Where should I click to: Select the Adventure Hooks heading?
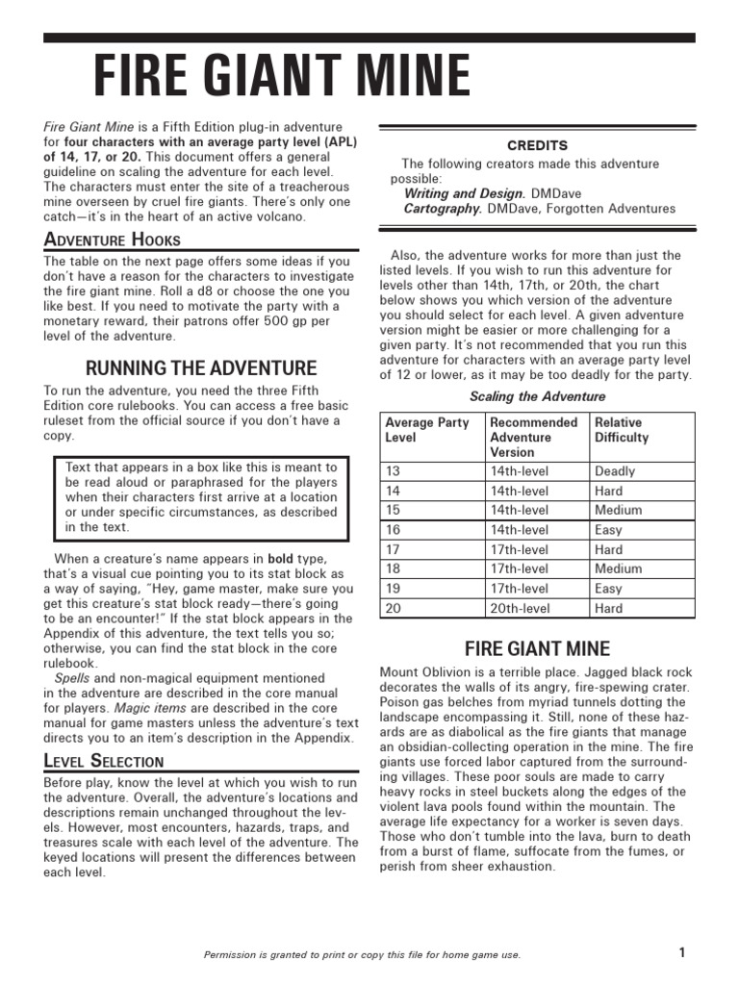[x=112, y=240]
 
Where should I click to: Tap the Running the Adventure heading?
[x=201, y=367]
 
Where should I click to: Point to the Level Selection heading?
[x=104, y=761]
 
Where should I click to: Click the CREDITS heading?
[x=537, y=145]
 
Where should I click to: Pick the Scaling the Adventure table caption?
[x=537, y=396]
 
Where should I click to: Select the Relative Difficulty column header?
[x=622, y=430]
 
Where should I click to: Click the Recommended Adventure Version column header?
[x=534, y=438]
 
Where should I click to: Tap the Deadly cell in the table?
[x=615, y=471]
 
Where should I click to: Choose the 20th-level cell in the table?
[x=520, y=608]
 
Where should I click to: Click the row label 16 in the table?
[x=393, y=530]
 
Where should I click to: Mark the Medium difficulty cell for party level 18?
[x=618, y=568]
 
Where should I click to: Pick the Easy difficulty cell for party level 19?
[x=609, y=589]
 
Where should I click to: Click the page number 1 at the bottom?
[x=681, y=952]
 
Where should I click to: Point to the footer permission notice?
[x=363, y=954]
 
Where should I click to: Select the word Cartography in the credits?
[x=443, y=209]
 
